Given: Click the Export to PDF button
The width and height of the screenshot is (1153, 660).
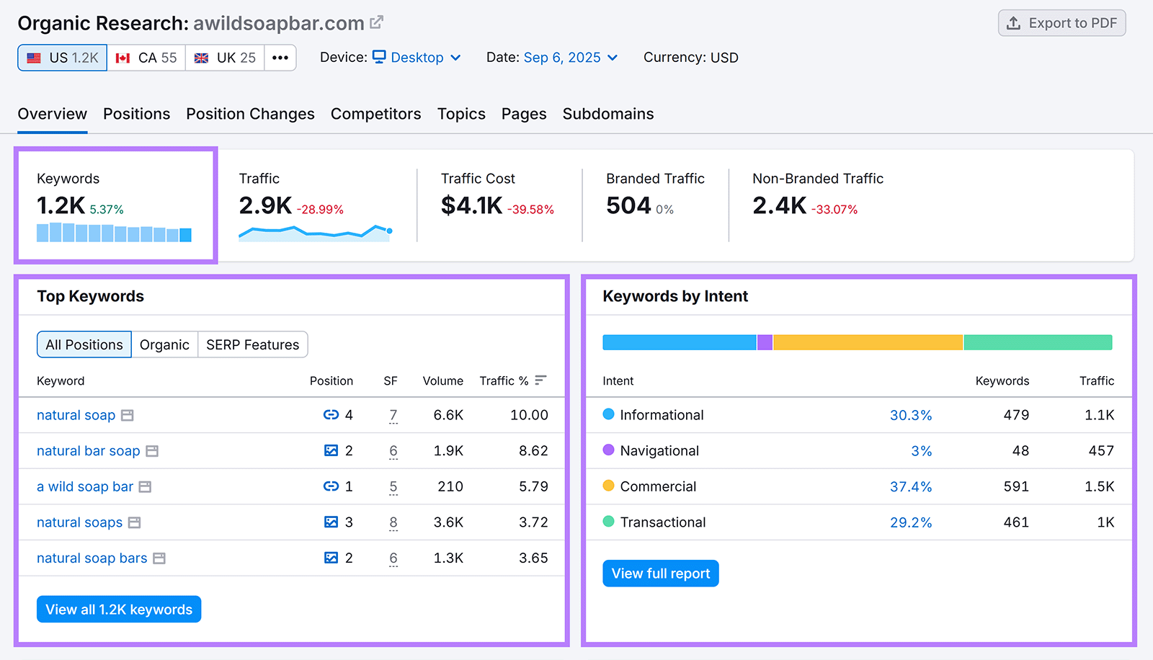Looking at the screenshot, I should (x=1061, y=23).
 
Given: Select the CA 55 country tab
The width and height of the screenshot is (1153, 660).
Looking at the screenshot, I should (x=146, y=58).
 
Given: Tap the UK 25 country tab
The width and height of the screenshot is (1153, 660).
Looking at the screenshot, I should (x=225, y=58).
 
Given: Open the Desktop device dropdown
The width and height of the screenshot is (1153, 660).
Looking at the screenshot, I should (x=417, y=58).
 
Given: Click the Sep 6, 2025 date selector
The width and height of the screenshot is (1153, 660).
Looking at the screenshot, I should (x=570, y=58).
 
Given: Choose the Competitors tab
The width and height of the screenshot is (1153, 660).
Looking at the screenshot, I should (x=375, y=114).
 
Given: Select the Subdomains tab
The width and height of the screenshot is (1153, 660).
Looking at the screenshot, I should (x=607, y=114).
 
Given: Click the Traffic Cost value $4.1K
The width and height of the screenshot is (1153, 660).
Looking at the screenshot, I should (x=471, y=206).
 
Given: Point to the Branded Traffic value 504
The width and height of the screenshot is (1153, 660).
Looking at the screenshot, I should (x=628, y=206).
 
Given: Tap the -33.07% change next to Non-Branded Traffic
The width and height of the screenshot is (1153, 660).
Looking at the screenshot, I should (x=834, y=210).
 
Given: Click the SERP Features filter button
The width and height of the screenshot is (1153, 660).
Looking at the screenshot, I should (x=252, y=345).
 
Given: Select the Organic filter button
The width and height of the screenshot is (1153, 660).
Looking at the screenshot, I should (x=164, y=345).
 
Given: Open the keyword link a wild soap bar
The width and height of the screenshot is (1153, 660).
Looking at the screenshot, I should (x=85, y=487).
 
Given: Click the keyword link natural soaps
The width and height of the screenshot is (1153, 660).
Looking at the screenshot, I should (x=79, y=522).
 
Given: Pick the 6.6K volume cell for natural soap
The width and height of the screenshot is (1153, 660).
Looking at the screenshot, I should (x=448, y=415).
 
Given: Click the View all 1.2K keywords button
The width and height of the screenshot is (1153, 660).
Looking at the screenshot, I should (x=119, y=610).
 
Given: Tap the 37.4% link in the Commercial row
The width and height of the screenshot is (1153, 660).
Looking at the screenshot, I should (x=910, y=487).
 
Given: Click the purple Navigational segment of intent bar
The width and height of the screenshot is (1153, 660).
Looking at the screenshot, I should (x=765, y=342).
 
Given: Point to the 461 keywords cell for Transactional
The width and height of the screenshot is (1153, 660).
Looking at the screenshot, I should (x=1016, y=522).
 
